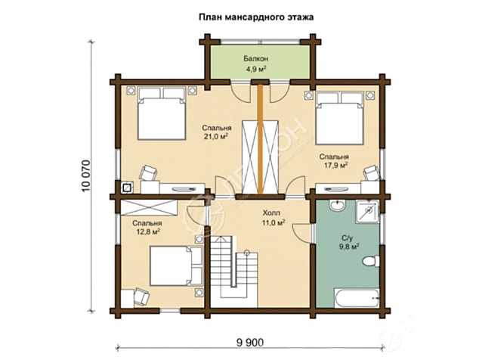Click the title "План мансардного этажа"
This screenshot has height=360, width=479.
click(x=256, y=17)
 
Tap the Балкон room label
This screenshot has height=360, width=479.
click(x=255, y=58)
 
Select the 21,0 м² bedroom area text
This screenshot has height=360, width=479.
click(x=216, y=136)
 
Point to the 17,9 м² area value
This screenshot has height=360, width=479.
click(x=335, y=166)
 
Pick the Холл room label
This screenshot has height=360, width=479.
click(x=271, y=213)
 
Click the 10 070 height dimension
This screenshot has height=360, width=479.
click(x=86, y=175)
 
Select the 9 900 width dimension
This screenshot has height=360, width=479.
click(x=249, y=343)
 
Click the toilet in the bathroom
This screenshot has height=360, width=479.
click(x=370, y=262)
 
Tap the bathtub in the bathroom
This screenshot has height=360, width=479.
click(x=357, y=298)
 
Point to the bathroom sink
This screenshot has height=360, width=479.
click(x=337, y=205)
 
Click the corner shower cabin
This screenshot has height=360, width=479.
click(x=367, y=211)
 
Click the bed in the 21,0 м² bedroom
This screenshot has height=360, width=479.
click(x=162, y=113)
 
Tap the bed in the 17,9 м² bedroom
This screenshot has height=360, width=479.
click(x=340, y=118)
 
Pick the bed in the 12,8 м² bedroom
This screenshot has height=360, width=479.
click(x=176, y=265)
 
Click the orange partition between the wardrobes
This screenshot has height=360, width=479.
click(x=260, y=139)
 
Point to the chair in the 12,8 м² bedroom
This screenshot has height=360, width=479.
click(x=141, y=296)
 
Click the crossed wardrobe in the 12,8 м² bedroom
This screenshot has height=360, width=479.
click(x=149, y=208)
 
